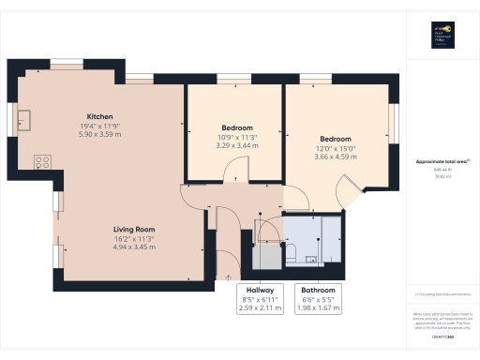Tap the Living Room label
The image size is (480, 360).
point(134,230)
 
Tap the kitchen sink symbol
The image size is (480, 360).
point(25,120)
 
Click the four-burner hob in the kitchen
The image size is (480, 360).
point(42,161)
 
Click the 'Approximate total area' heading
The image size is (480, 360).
point(442,161)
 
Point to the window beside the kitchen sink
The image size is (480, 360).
point(13,120)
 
